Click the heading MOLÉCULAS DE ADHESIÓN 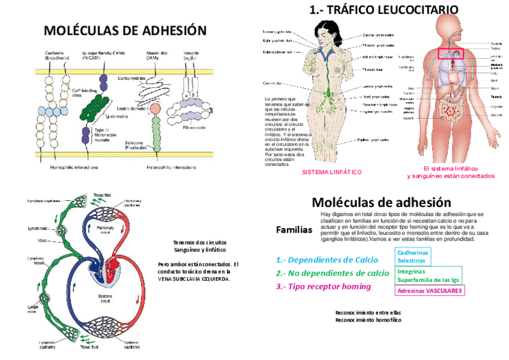tap(125, 31)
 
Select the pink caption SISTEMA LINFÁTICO tap(331, 172)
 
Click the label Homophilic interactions tap(74, 167)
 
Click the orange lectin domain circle tap(155, 108)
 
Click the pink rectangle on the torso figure tap(451, 54)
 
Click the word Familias tap(294, 230)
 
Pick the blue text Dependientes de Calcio tap(327, 260)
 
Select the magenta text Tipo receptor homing tap(323, 286)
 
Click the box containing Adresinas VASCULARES tap(430, 290)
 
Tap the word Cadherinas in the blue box tap(412, 253)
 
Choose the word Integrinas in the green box tap(412, 271)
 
